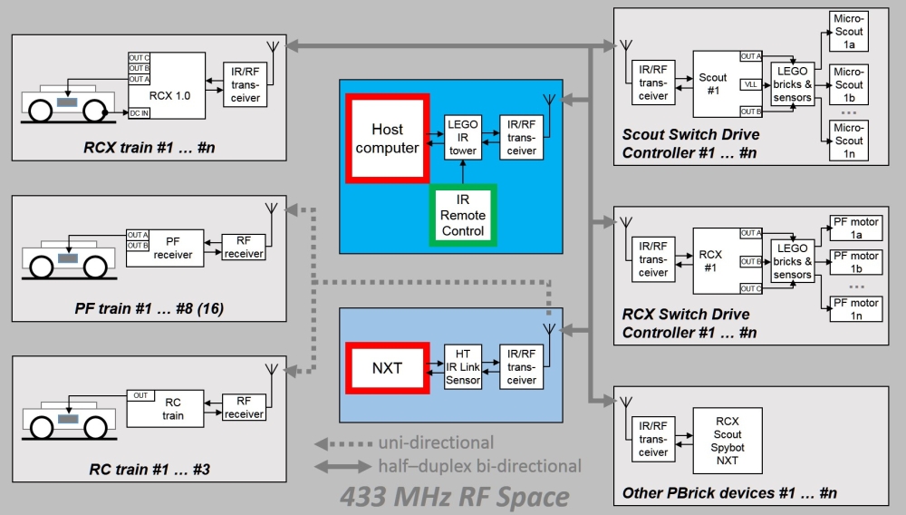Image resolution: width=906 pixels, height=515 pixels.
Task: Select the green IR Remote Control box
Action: [463, 215]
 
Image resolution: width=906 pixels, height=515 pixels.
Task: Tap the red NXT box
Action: [387, 368]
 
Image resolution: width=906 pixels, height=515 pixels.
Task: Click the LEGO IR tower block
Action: [462, 138]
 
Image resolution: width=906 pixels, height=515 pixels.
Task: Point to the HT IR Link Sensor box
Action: [462, 368]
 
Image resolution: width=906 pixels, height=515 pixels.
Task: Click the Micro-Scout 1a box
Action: [849, 33]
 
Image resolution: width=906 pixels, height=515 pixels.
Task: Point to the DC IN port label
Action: [139, 112]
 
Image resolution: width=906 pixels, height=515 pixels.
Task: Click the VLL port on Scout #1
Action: [750, 83]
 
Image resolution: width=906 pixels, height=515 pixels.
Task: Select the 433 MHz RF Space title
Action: [454, 497]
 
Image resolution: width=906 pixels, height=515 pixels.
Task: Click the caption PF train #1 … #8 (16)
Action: [149, 309]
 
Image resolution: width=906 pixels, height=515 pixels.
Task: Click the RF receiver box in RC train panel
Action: [243, 408]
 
